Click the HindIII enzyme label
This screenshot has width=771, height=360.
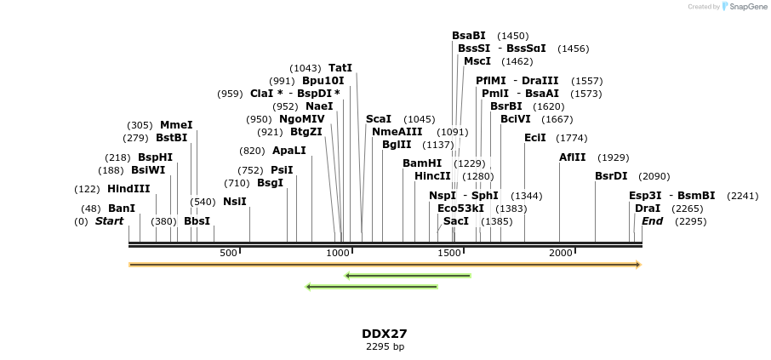pos(128,189)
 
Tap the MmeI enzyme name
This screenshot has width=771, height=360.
pos(176,125)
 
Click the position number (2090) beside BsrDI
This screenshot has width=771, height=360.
pos(654,177)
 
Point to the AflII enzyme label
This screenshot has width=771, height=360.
pos(572,157)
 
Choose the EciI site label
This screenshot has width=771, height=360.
pos(535,138)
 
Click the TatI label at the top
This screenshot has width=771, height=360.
pos(340,68)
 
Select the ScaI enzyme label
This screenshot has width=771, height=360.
pos(379,119)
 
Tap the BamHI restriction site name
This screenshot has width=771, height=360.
pos(422,163)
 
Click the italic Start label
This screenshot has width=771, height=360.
pos(109,221)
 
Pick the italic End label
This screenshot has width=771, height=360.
pos(652,221)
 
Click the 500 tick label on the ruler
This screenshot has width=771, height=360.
pos(228,253)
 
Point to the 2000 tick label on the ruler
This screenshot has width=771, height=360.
pos(561,253)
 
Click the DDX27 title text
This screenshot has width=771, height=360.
pos(385,334)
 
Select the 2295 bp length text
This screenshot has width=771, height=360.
pos(385,347)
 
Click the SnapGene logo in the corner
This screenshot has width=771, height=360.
pos(740,7)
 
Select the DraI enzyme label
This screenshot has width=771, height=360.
pos(648,209)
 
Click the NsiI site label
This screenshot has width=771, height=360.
pos(235,202)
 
